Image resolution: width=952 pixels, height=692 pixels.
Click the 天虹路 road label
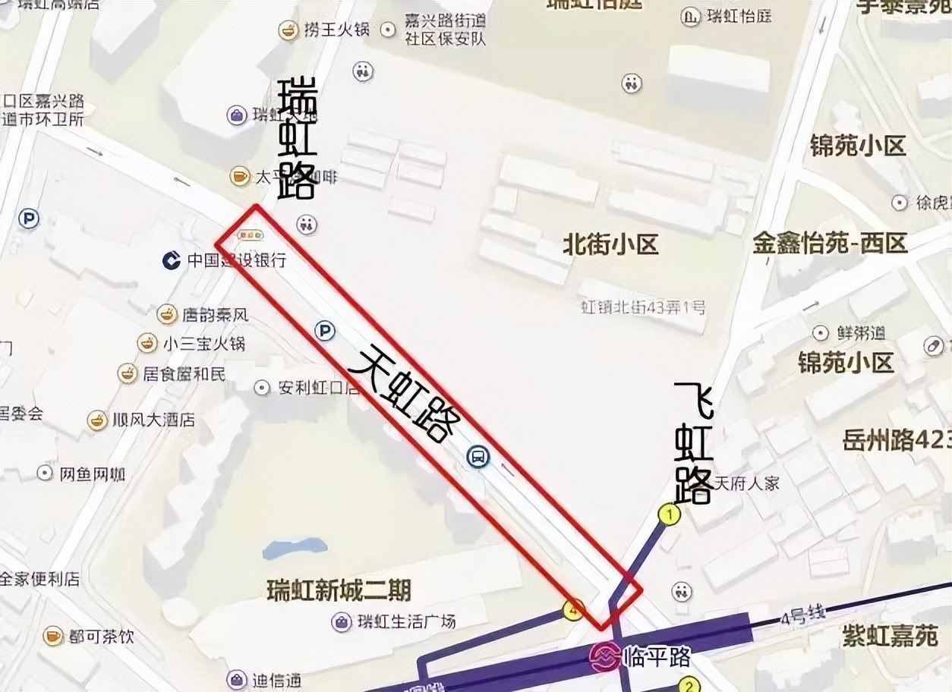[x=407, y=393]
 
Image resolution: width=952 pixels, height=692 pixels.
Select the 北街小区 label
[x=610, y=244]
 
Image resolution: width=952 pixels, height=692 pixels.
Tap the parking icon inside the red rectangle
[x=325, y=331]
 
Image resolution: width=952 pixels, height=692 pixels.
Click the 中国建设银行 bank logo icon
[x=172, y=260]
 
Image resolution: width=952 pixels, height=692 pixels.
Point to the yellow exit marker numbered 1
[x=669, y=515]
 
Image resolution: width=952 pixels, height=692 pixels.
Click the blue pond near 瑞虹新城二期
[x=294, y=549]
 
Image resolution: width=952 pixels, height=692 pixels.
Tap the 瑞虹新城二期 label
[x=339, y=590]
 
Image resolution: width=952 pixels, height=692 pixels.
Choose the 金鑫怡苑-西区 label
[x=830, y=244]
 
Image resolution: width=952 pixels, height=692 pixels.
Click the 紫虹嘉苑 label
[x=890, y=636]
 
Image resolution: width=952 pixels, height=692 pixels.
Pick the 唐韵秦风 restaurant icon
[x=167, y=313]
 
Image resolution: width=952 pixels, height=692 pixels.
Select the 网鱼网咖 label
[x=92, y=474]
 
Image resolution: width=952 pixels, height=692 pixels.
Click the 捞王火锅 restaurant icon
[x=288, y=30]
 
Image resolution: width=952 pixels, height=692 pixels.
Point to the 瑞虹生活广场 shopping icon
[x=342, y=622]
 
